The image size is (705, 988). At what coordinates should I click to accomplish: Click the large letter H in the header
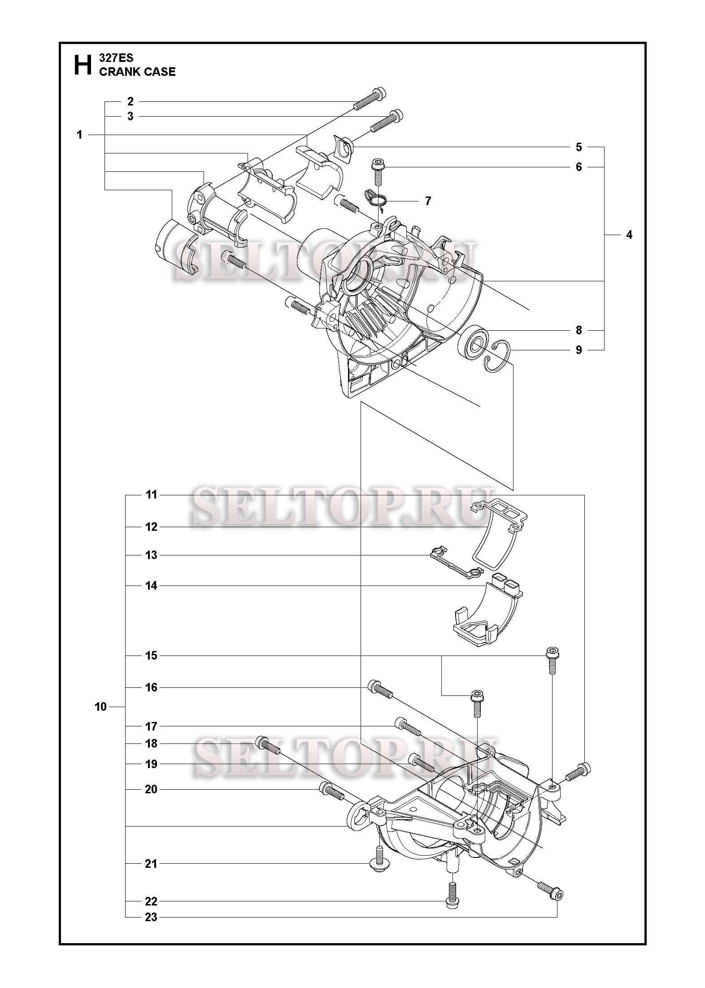click(x=81, y=65)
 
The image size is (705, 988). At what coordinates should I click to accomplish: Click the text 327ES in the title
click(x=116, y=58)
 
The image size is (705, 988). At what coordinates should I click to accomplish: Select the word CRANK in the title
click(x=117, y=72)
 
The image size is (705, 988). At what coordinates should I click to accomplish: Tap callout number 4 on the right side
click(x=629, y=235)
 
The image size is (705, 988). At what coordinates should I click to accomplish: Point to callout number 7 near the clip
click(x=428, y=201)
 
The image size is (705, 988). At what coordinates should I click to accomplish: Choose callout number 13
click(x=151, y=555)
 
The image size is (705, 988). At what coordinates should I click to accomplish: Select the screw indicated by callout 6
click(x=376, y=172)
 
